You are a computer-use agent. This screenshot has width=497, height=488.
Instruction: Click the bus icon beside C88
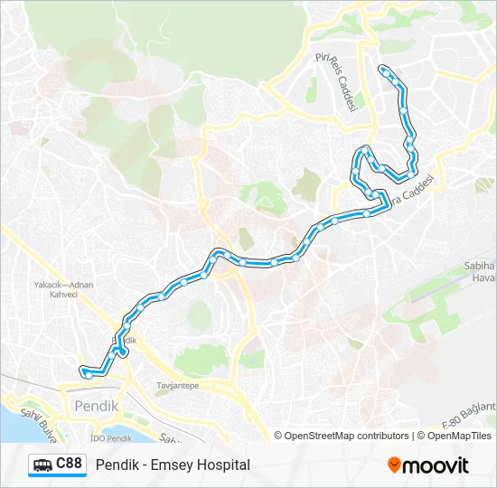pyautogui.click(x=42, y=465)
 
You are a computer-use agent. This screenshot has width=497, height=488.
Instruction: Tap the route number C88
pyautogui.click(x=70, y=465)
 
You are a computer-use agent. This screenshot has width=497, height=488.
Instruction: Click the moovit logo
pyautogui.click(x=428, y=465)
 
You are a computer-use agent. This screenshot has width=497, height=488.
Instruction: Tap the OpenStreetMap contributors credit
pyautogui.click(x=346, y=436)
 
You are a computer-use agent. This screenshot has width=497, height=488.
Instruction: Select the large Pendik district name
pyautogui.click(x=97, y=406)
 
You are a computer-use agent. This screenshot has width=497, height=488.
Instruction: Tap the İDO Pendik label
pyautogui.click(x=110, y=438)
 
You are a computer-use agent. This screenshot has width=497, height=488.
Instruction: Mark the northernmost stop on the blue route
pyautogui.click(x=385, y=70)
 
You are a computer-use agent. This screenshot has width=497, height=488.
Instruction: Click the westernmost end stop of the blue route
pyautogui.click(x=84, y=370)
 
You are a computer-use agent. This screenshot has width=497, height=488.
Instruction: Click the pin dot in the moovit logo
pyautogui.click(x=394, y=465)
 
